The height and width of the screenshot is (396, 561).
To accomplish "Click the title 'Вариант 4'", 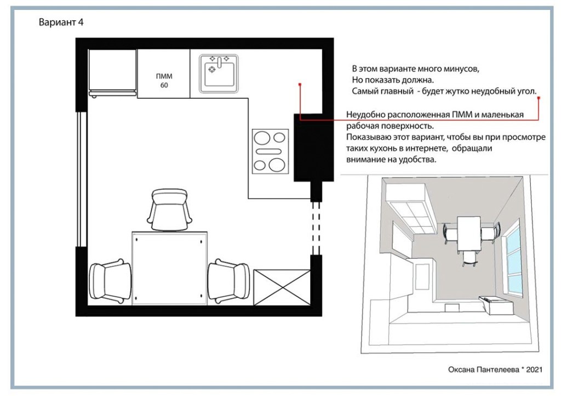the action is (61, 22).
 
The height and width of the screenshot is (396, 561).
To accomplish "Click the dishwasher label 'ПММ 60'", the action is (164, 81).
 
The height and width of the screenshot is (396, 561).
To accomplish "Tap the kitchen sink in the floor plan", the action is (219, 73).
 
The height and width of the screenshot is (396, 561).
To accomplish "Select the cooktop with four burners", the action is (270, 151).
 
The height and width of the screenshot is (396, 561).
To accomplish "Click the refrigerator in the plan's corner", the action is (112, 73).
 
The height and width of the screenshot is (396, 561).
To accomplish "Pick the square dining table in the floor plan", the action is (170, 268).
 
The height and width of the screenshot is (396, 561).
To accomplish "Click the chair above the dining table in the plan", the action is (169, 210).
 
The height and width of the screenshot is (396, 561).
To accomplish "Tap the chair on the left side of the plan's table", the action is (110, 281).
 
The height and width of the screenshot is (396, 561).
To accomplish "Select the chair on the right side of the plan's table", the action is (229, 281).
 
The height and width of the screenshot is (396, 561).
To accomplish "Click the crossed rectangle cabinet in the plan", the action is (282, 287).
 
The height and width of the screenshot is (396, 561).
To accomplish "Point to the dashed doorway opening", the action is (316, 228).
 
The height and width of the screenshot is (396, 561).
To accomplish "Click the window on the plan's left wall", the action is (82, 179).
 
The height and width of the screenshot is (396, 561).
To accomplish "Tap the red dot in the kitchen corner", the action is (300, 84).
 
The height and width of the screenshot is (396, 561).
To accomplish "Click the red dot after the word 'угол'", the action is (539, 98).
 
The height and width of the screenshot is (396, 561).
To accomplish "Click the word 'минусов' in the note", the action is (461, 69).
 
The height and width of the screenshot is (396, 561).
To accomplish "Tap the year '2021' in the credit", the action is (534, 370).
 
